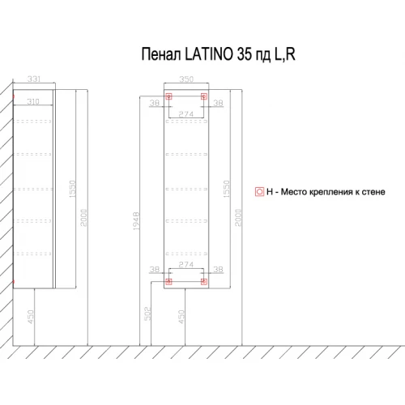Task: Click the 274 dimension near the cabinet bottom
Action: tap(186, 265)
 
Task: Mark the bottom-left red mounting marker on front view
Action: tap(168, 282)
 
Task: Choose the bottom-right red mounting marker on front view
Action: tap(204, 282)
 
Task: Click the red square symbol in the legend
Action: tap(259, 192)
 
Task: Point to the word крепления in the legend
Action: tap(323, 192)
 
